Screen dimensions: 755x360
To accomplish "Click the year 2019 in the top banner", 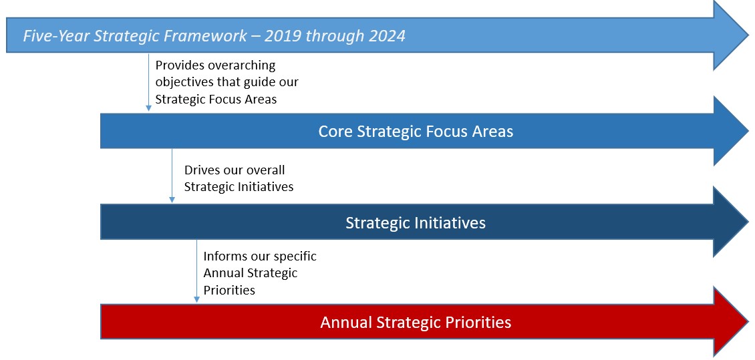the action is pyautogui.click(x=282, y=35).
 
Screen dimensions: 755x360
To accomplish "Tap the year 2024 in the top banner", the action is pyautogui.click(x=387, y=35).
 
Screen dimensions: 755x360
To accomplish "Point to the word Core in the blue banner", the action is pyautogui.click(x=335, y=132).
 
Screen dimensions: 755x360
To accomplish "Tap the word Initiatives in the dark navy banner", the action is pyautogui.click(x=449, y=223).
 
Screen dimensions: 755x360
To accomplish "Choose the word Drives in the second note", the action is pyautogui.click(x=201, y=170).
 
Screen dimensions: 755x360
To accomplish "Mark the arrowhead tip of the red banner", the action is pyautogui.click(x=749, y=322).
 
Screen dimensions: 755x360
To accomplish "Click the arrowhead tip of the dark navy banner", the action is pyautogui.click(x=749, y=222).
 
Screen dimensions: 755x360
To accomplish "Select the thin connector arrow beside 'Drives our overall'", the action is pyautogui.click(x=172, y=175).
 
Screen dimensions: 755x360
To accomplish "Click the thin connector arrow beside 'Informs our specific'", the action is pyautogui.click(x=196, y=271).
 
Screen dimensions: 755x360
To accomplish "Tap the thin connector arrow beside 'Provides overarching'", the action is pyautogui.click(x=149, y=81).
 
